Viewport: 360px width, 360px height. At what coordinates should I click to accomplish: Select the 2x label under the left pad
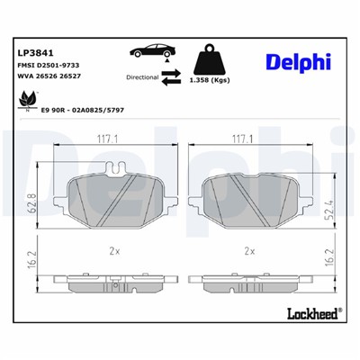(x=111, y=251)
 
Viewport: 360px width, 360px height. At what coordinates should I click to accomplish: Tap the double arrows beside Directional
(x=170, y=79)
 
